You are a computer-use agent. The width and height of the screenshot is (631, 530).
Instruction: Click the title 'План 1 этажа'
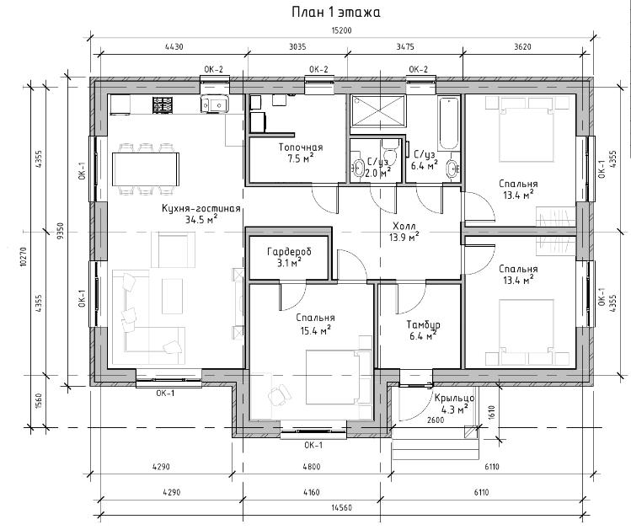click(x=336, y=12)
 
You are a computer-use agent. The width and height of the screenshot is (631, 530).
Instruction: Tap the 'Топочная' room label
click(x=301, y=147)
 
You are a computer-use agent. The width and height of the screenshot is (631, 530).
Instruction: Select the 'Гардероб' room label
click(x=289, y=252)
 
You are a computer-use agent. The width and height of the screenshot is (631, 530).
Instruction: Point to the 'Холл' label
click(x=404, y=226)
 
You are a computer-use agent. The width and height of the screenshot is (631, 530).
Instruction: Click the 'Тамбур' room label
click(x=423, y=324)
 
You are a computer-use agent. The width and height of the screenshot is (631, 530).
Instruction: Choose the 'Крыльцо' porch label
click(x=454, y=398)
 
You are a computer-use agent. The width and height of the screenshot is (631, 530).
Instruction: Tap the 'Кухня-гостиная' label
click(x=201, y=208)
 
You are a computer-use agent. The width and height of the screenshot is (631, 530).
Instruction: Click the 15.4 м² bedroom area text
click(x=315, y=330)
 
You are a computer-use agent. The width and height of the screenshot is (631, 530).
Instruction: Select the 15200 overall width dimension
click(x=341, y=30)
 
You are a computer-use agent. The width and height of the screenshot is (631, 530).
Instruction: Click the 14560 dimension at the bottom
click(x=341, y=508)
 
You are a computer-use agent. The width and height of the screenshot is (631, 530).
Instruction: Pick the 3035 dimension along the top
click(x=297, y=46)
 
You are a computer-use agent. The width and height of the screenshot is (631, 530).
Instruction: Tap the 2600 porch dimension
click(x=436, y=420)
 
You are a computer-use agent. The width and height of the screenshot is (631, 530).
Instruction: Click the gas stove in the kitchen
click(x=163, y=104)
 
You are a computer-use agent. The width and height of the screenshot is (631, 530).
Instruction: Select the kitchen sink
click(x=215, y=104)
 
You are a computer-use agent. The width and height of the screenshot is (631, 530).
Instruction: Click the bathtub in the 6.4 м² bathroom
click(x=448, y=123)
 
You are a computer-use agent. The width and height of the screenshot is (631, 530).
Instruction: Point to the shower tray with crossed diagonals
click(x=378, y=110)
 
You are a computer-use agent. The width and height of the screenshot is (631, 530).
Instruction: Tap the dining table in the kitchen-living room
click(x=146, y=169)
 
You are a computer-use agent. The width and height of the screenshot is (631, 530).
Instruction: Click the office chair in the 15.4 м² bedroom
click(x=280, y=393)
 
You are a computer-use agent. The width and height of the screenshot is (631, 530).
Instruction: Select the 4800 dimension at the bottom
click(x=312, y=467)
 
